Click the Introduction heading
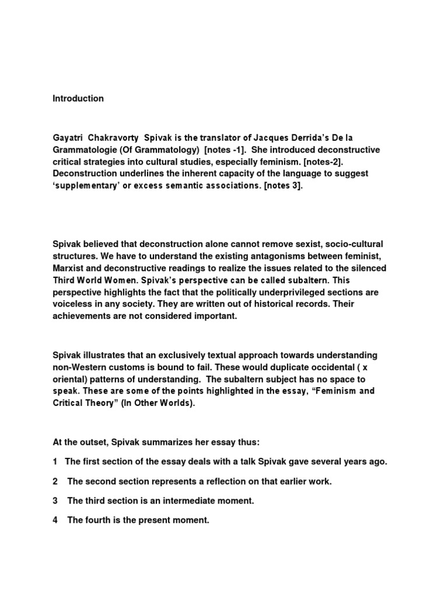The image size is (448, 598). pyautogui.click(x=78, y=99)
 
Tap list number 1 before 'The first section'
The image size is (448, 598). pyautogui.click(x=55, y=461)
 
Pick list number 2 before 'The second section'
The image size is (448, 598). pyautogui.click(x=55, y=481)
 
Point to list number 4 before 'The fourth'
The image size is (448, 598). pyautogui.click(x=55, y=520)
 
